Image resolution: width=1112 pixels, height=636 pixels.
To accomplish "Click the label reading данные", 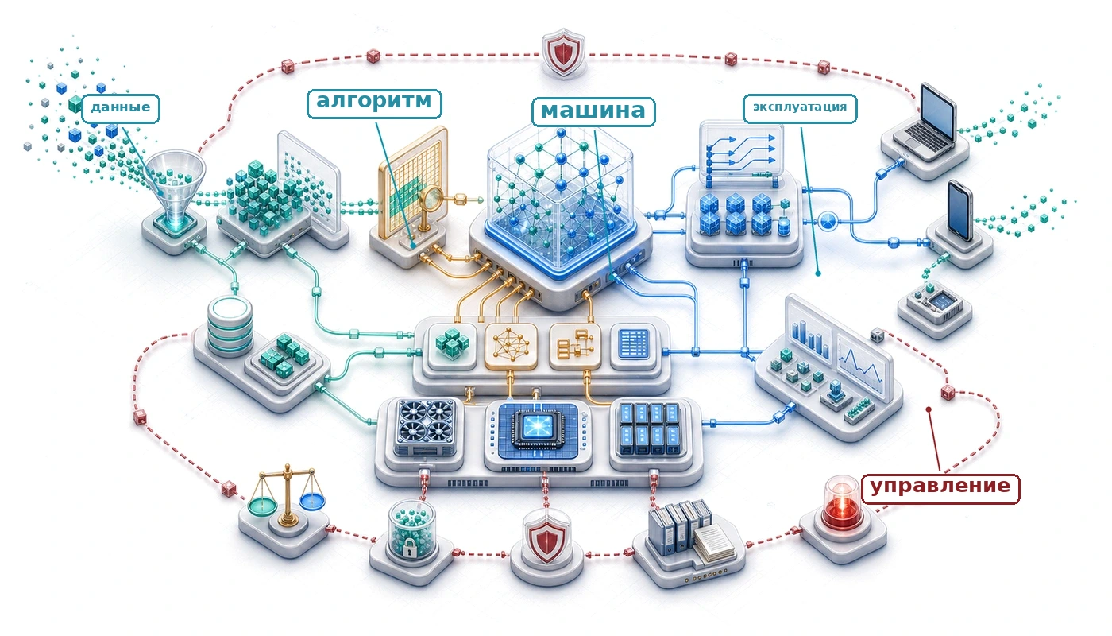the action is [x=121, y=108].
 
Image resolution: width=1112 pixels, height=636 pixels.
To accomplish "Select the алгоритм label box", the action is [x=374, y=103].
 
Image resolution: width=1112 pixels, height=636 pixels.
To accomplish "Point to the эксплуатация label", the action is [x=800, y=108].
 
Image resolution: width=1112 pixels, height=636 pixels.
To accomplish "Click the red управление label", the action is [x=940, y=489].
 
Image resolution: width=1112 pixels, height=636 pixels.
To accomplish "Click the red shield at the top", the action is [x=563, y=52].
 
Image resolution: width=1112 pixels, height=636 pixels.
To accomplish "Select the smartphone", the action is [x=960, y=211].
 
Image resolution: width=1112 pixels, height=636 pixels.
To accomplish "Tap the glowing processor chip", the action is [x=539, y=426].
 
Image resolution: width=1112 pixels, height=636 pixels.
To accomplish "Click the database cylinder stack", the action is [x=230, y=326].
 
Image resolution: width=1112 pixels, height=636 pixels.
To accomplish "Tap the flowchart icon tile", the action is [x=575, y=345].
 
